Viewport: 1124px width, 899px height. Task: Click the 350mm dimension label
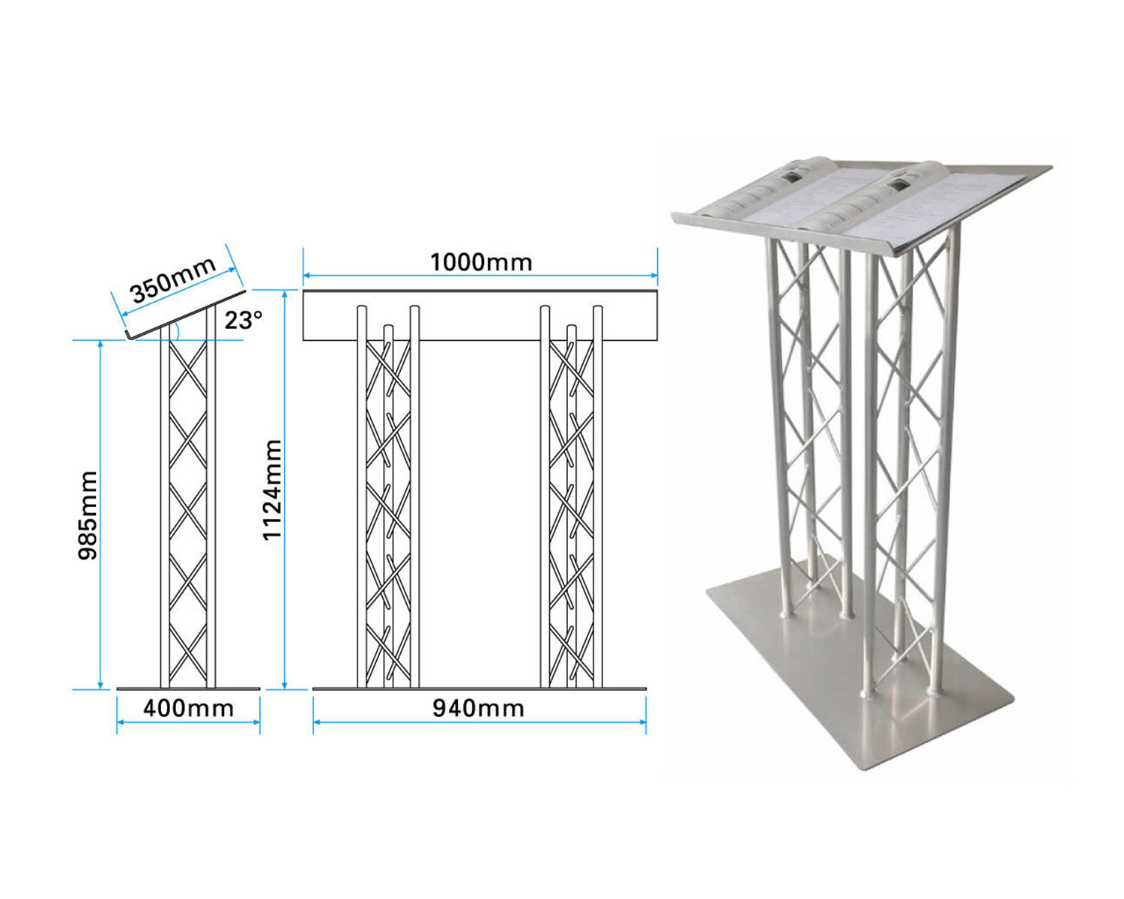coord(173,280)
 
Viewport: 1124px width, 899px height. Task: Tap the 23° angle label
coord(244,321)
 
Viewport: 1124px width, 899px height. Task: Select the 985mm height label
coord(88,515)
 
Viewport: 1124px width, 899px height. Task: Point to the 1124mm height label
coord(272,489)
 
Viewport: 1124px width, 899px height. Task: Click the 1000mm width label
coord(480,263)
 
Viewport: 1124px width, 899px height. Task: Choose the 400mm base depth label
coord(188,708)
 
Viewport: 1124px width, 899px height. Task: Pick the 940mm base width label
coord(478,708)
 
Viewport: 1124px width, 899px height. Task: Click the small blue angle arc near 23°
coord(175,330)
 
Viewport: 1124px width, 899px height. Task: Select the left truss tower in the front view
coord(387,502)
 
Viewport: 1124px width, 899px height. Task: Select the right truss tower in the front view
coord(571,502)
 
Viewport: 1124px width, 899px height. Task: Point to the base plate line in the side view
coord(188,688)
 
